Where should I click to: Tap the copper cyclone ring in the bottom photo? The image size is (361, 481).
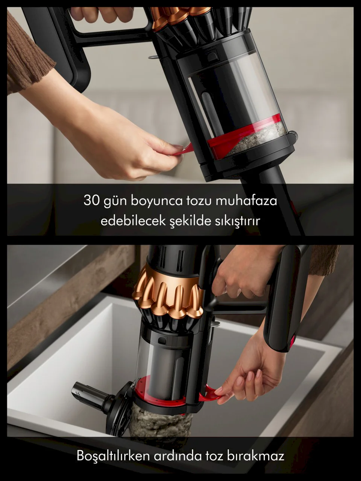(168, 293)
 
